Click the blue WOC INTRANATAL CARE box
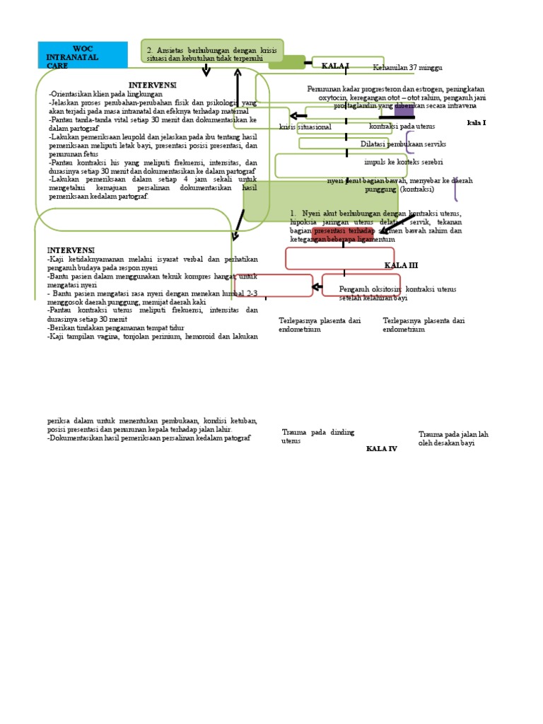83,55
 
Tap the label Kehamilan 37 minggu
407,68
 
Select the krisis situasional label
305,127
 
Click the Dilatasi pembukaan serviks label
403,144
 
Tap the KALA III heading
401,266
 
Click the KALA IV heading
381,449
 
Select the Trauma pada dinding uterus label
317,436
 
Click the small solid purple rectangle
404,110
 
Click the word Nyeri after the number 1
314,214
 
